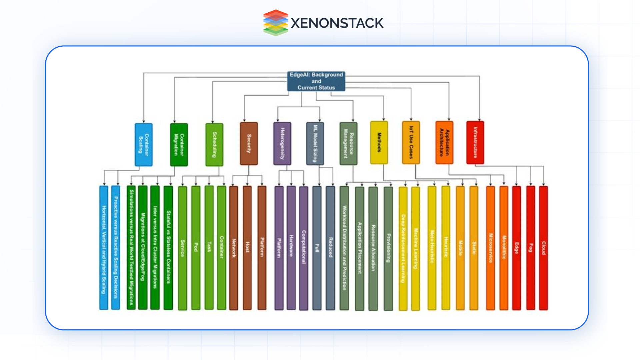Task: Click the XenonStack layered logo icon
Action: point(275,23)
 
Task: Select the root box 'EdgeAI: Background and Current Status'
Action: point(316,81)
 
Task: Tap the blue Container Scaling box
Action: point(144,144)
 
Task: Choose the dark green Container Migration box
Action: point(179,144)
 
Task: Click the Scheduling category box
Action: point(214,144)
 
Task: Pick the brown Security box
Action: point(249,143)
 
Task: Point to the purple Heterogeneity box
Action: point(282,143)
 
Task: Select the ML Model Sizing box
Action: point(315,143)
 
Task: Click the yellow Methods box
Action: point(379,142)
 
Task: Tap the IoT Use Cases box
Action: point(411,142)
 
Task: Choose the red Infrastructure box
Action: point(475,142)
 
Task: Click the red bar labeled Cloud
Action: point(543,248)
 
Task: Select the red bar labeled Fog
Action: point(530,248)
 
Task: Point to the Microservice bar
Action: point(490,248)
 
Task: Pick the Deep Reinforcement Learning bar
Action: point(403,248)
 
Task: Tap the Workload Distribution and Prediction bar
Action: point(344,248)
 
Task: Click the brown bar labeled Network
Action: point(234,248)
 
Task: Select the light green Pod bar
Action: point(196,248)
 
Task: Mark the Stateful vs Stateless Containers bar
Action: point(168,248)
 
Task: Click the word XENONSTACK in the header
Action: point(337,23)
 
